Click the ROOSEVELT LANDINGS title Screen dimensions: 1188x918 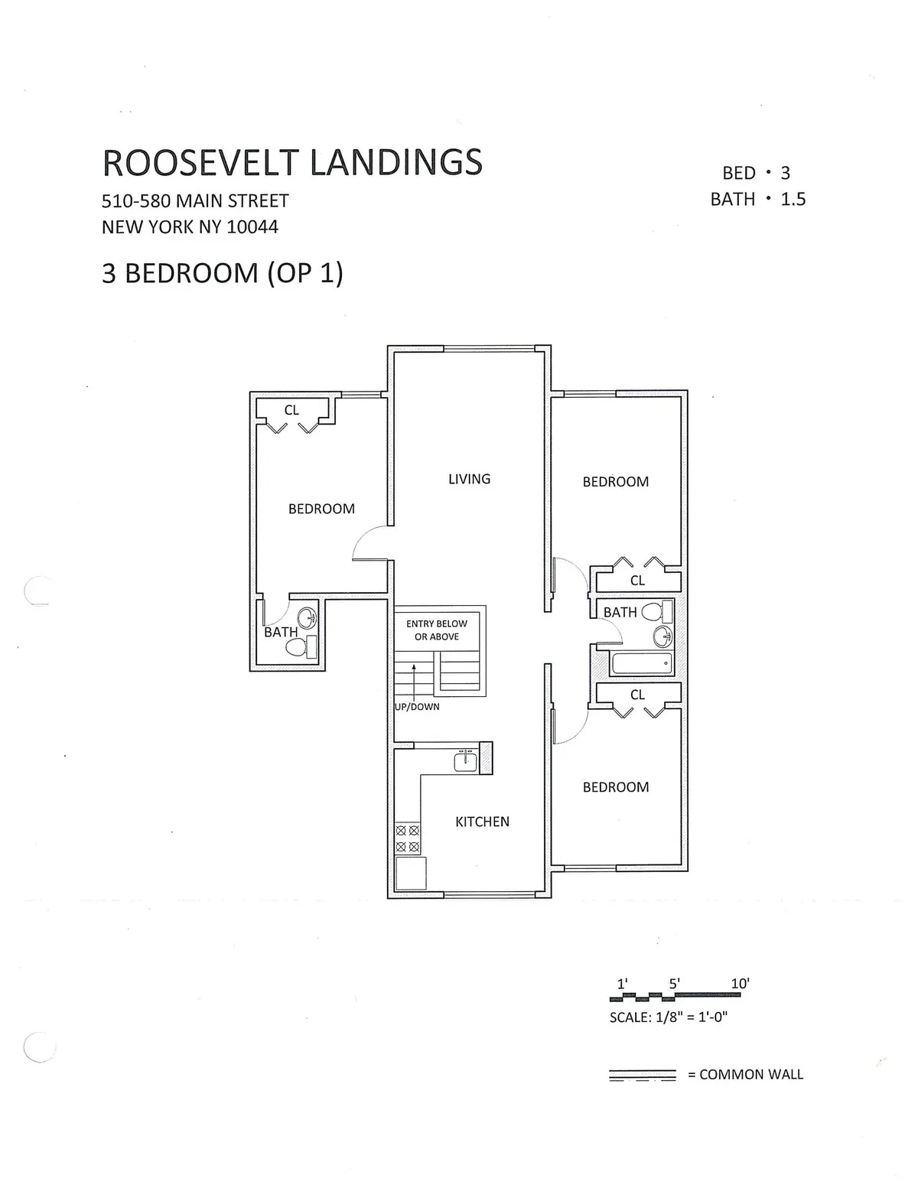click(x=292, y=162)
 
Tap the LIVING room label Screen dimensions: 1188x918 click(x=469, y=479)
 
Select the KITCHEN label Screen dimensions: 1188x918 click(x=482, y=822)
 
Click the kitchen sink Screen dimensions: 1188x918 click(x=465, y=761)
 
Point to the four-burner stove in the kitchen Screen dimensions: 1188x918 click(x=408, y=838)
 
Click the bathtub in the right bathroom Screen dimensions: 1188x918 click(x=642, y=663)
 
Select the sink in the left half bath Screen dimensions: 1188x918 click(x=308, y=617)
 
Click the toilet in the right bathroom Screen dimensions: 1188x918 click(x=655, y=611)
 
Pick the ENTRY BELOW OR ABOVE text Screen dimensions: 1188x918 click(x=437, y=630)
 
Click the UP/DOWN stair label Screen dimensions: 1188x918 click(x=418, y=707)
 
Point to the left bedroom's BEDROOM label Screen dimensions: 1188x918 click(x=321, y=509)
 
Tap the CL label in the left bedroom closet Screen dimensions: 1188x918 click(x=291, y=411)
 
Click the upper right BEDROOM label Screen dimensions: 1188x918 click(x=616, y=482)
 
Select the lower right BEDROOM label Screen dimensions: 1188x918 click(x=616, y=787)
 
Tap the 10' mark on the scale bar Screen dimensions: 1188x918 click(x=740, y=984)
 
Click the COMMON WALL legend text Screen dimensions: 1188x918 click(x=751, y=1075)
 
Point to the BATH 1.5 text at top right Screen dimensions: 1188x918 click(x=757, y=200)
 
